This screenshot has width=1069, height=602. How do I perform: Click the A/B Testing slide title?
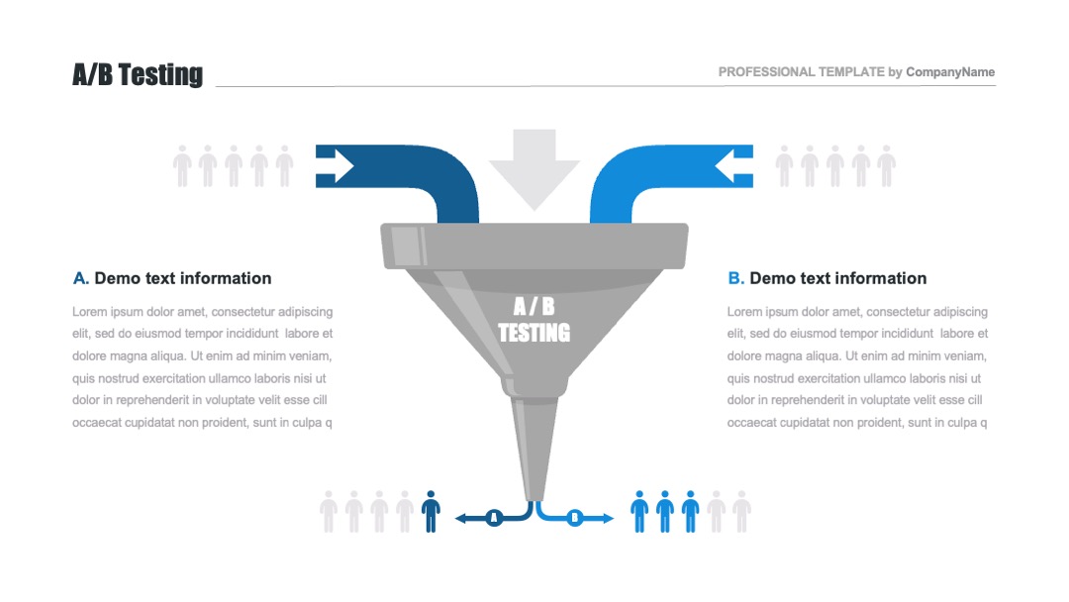point(138,74)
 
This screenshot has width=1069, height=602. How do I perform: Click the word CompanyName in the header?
point(950,72)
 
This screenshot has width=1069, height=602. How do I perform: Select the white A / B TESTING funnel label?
point(534,320)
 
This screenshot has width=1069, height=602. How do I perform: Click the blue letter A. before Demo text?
point(81,278)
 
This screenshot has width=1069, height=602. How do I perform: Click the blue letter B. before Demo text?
point(735,278)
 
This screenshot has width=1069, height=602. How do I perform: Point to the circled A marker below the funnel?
point(494,517)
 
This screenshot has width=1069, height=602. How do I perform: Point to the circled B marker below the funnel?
point(575,517)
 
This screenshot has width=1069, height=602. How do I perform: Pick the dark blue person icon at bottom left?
point(431,511)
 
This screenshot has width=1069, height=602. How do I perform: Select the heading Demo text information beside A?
point(183,278)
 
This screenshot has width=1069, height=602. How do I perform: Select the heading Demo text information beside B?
point(838,278)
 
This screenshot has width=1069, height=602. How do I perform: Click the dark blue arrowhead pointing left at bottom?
point(460,517)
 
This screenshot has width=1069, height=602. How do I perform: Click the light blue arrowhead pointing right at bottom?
point(609,517)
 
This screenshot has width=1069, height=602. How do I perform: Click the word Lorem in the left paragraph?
point(90,311)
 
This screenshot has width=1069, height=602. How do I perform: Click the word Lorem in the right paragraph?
point(745,311)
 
